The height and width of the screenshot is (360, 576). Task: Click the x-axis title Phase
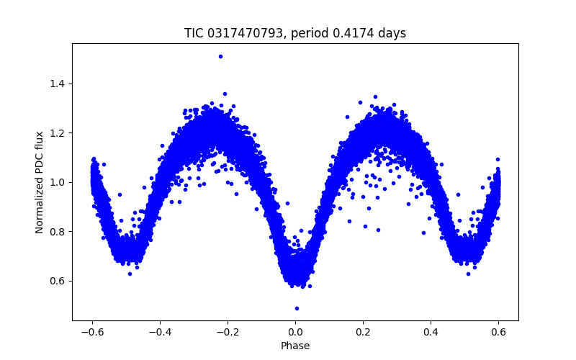tap(295, 346)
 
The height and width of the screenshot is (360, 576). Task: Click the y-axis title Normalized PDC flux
tap(40, 181)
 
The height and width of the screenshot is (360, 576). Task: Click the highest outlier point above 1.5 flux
tap(220, 56)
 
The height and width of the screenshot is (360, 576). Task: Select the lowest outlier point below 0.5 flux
tap(297, 308)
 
